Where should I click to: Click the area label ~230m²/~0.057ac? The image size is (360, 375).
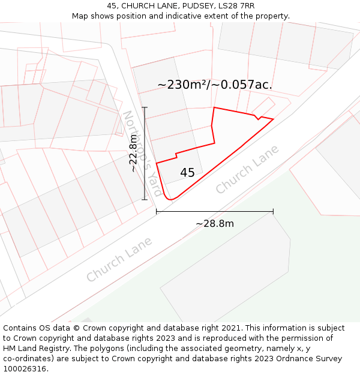[x=215, y=85]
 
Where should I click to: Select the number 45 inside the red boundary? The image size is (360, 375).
[x=187, y=173]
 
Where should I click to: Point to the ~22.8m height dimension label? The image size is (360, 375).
[x=133, y=154]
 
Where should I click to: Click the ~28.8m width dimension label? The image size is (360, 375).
[x=215, y=224]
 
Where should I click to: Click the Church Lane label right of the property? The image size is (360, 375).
[x=247, y=169]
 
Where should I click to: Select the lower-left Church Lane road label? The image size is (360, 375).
[x=119, y=259]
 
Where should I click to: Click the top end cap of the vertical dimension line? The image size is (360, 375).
[x=145, y=107]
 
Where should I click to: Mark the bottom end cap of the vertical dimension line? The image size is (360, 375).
[x=145, y=200]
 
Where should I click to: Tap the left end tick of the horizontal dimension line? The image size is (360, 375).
[x=157, y=211]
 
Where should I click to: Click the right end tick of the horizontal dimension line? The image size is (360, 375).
[x=273, y=211]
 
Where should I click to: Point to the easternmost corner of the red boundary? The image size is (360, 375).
[x=273, y=119]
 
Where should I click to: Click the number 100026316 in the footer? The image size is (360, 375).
[x=26, y=369]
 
